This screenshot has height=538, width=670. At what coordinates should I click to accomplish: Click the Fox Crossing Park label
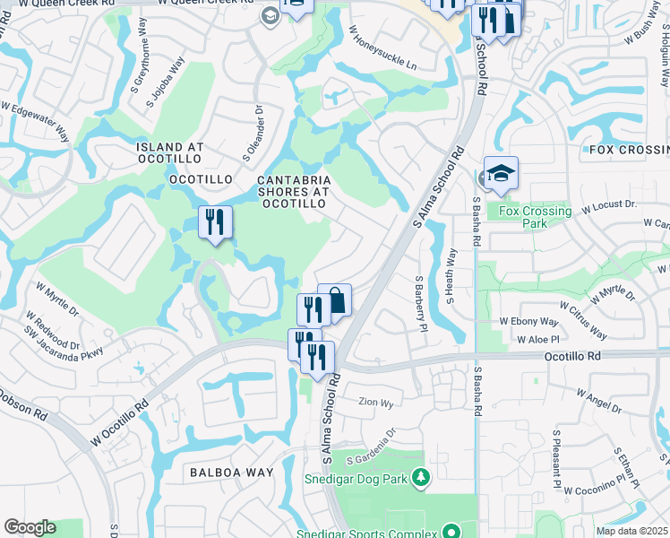pyautogui.click(x=535, y=217)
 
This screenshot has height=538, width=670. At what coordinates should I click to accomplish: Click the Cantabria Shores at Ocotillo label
pyautogui.click(x=295, y=192)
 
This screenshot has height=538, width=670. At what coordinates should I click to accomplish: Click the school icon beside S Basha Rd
pyautogui.click(x=501, y=174)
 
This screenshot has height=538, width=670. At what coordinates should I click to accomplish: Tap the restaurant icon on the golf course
pyautogui.click(x=215, y=221)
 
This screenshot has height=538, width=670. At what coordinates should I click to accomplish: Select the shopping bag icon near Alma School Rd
pyautogui.click(x=336, y=300)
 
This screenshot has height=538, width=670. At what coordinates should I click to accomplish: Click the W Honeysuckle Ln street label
pyautogui.click(x=382, y=49)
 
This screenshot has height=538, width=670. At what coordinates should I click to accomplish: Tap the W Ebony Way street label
pyautogui.click(x=528, y=321)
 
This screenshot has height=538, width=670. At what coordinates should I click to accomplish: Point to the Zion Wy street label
pyautogui.click(x=375, y=403)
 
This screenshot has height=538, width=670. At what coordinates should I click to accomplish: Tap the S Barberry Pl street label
pyautogui.click(x=418, y=302)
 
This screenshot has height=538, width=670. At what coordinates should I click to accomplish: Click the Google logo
pyautogui.click(x=30, y=527)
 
